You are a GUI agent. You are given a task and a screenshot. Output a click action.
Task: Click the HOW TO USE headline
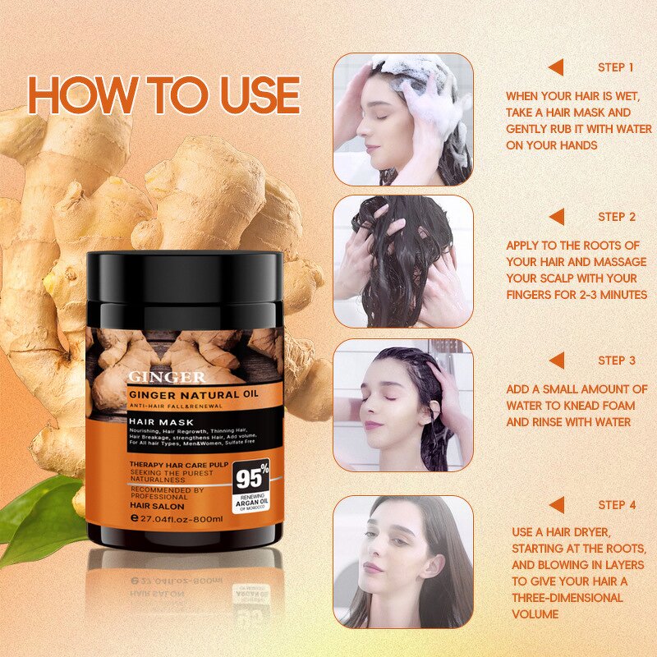pyautogui.click(x=163, y=96)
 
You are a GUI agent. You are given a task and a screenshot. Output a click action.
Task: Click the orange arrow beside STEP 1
pyautogui.click(x=557, y=67)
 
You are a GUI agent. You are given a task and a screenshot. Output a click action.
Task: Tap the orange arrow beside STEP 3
pyautogui.click(x=557, y=361)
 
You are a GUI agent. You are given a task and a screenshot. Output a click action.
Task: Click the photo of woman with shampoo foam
pyautogui.click(x=402, y=119)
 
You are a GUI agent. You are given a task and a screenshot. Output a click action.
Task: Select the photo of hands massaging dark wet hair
pyautogui.click(x=402, y=261)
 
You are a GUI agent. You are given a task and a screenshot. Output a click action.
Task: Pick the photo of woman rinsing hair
pyautogui.click(x=402, y=405)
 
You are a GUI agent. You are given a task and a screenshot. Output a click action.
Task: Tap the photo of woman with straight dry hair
pyautogui.click(x=402, y=562)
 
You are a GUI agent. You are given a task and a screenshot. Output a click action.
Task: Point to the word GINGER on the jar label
pyautogui.click(x=167, y=377)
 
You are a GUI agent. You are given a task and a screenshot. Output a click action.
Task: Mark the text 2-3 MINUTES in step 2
pyautogui.click(x=604, y=294)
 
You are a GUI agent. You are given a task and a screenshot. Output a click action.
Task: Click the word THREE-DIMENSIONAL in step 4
pyautogui.click(x=567, y=597)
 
